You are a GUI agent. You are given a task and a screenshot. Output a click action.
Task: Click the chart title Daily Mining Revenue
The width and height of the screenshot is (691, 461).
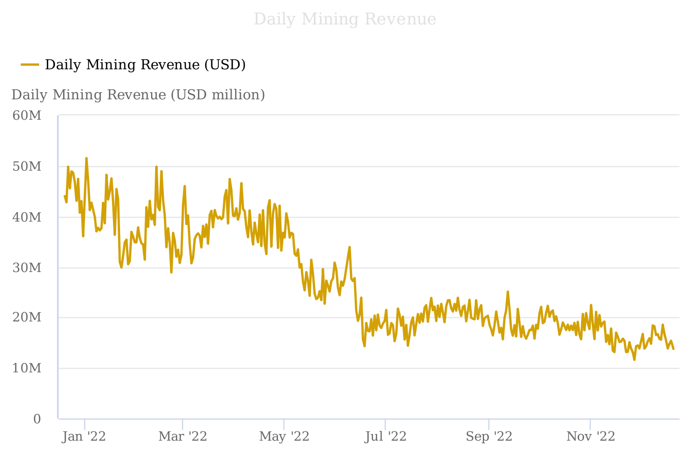pyautogui.click(x=344, y=19)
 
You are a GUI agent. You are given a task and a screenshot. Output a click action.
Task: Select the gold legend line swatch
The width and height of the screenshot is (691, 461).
pyautogui.click(x=30, y=65)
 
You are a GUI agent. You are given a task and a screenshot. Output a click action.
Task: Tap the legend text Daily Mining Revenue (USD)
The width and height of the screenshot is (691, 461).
pyautogui.click(x=145, y=65)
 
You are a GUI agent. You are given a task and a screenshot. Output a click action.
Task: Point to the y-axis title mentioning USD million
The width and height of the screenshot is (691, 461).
pyautogui.click(x=138, y=95)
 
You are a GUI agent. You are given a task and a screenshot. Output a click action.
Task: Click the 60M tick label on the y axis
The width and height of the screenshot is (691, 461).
pyautogui.click(x=27, y=116)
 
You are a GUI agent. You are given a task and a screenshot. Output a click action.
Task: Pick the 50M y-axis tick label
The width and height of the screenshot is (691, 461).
pyautogui.click(x=27, y=167)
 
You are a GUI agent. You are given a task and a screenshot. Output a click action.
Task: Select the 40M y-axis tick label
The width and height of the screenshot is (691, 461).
pyautogui.click(x=27, y=218)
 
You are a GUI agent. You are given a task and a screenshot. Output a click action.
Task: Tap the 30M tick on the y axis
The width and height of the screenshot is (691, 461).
pyautogui.click(x=27, y=268)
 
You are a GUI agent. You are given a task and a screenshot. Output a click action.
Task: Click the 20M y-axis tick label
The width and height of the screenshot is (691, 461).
pyautogui.click(x=27, y=318)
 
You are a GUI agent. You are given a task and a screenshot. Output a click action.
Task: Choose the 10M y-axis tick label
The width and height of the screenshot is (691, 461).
pyautogui.click(x=27, y=368)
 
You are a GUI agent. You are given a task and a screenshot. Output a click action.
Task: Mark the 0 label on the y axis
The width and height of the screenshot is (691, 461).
pyautogui.click(x=37, y=419)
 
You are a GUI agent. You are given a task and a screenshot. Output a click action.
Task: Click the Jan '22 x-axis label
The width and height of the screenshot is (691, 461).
pyautogui.click(x=84, y=437)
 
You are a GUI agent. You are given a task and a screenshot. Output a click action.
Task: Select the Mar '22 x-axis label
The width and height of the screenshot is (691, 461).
pyautogui.click(x=183, y=437)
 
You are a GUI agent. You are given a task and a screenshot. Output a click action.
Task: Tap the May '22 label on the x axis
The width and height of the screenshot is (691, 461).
pyautogui.click(x=284, y=437)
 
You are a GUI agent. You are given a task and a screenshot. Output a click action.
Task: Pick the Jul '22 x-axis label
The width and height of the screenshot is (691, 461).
pyautogui.click(x=386, y=437)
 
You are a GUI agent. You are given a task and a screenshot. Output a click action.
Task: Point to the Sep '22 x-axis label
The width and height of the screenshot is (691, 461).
pyautogui.click(x=489, y=437)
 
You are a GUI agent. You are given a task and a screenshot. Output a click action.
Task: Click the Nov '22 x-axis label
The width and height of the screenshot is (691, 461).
pyautogui.click(x=591, y=437)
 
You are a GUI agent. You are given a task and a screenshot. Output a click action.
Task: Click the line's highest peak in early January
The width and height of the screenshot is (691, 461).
pyautogui.click(x=87, y=158)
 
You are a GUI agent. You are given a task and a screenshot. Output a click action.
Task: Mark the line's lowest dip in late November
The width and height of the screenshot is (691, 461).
pyautogui.click(x=634, y=360)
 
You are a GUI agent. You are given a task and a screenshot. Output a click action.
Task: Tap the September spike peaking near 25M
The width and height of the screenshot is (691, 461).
pyautogui.click(x=508, y=292)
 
